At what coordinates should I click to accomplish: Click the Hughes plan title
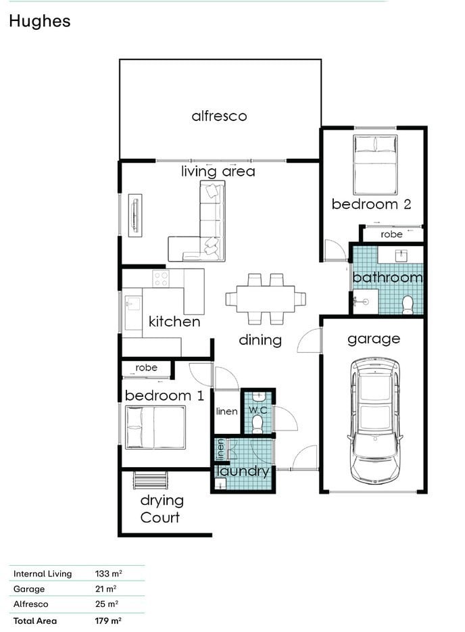coord(39,22)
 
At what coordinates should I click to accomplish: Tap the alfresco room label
coord(219,116)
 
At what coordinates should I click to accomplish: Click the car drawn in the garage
coord(375,420)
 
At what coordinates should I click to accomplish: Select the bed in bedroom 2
coord(375,165)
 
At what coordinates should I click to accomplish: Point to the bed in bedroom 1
coord(155,427)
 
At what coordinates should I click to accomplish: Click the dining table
coord(266,299)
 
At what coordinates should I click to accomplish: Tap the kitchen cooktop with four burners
coord(161,278)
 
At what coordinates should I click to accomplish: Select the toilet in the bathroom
coord(408,305)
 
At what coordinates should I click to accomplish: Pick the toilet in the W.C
coord(257,424)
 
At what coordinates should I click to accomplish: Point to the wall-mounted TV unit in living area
coord(135,216)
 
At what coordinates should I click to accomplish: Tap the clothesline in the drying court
coord(150,480)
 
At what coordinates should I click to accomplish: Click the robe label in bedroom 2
coord(391,234)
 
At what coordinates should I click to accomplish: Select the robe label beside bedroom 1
coord(146,368)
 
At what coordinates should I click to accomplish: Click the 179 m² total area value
coord(108,621)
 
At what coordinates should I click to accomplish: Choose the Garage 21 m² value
coord(106,589)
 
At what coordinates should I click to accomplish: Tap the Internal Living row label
coord(43,574)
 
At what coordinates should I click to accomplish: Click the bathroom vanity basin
coord(401,256)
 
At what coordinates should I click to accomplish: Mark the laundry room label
coord(243,471)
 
